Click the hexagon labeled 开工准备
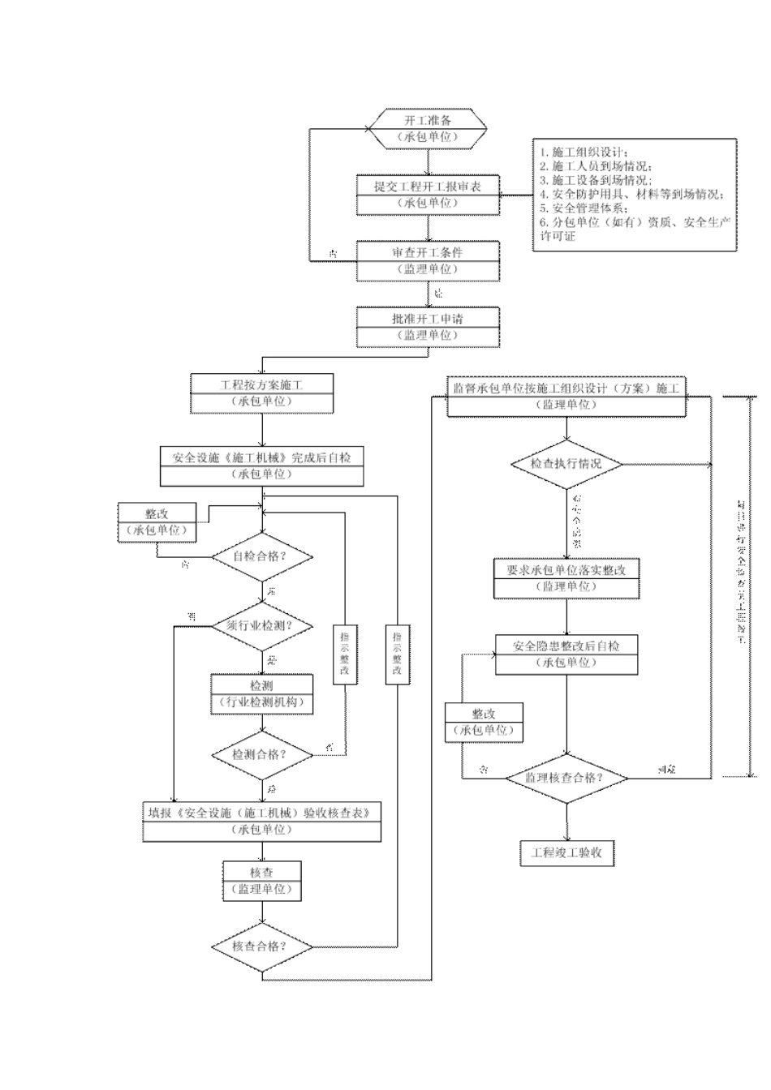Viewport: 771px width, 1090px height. pyautogui.click(x=428, y=128)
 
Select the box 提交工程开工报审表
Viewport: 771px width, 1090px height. pyautogui.click(x=428, y=195)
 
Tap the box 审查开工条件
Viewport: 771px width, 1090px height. pyautogui.click(x=428, y=260)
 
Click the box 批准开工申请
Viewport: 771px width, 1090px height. pyautogui.click(x=428, y=327)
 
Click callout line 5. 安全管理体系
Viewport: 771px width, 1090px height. pyautogui.click(x=584, y=208)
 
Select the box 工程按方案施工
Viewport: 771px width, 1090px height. pyautogui.click(x=261, y=393)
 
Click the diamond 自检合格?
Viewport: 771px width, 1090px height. pyautogui.click(x=261, y=557)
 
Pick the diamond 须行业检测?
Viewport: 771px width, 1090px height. pyautogui.click(x=261, y=625)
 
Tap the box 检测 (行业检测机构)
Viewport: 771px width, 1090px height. pyautogui.click(x=261, y=694)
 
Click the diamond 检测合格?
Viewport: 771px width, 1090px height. pyautogui.click(x=261, y=754)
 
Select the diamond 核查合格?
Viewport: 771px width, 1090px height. pyautogui.click(x=261, y=946)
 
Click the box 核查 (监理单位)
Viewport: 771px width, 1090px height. pyautogui.click(x=261, y=881)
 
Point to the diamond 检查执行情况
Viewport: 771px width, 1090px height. pyautogui.click(x=566, y=464)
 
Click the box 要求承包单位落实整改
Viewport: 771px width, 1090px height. pyautogui.click(x=566, y=578)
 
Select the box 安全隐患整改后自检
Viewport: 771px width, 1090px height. pyautogui.click(x=566, y=654)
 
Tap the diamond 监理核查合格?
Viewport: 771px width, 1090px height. pyautogui.click(x=566, y=777)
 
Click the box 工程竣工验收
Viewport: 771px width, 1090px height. pyautogui.click(x=566, y=853)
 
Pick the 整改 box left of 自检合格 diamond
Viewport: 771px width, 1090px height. pyautogui.click(x=157, y=522)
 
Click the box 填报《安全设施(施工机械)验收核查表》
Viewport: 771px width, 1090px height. pyautogui.click(x=261, y=821)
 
